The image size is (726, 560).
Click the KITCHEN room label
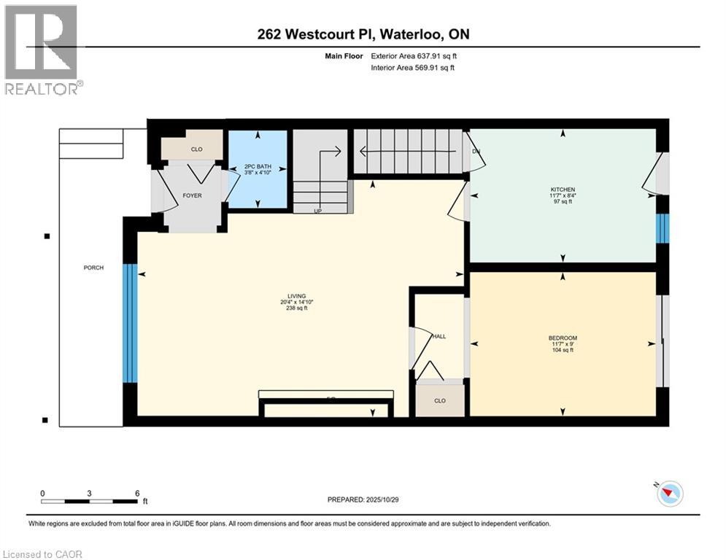click(x=563, y=190)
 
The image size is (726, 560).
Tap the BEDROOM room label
click(x=563, y=338)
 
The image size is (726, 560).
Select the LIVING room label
click(x=296, y=296)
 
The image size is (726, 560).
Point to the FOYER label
click(x=192, y=195)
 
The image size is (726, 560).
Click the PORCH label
click(x=93, y=268)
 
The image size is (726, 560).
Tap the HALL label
click(x=439, y=336)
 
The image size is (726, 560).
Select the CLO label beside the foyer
click(x=196, y=149)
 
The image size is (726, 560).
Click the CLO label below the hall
click(x=439, y=400)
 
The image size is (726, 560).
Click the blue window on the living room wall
click(x=130, y=323)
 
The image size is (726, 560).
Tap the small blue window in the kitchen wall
click(x=662, y=228)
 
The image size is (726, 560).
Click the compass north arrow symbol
click(x=669, y=494)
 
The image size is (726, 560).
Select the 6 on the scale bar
click(x=137, y=493)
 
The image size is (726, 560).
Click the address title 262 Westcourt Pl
click(x=363, y=35)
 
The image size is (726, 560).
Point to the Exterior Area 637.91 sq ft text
click(x=414, y=55)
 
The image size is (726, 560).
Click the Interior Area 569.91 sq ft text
click(x=413, y=69)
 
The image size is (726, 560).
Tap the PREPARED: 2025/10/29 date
click(x=363, y=499)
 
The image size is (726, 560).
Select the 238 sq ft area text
click(x=296, y=308)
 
